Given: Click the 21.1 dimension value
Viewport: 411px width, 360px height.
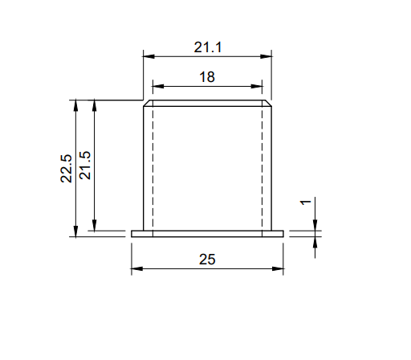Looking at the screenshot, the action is click(x=208, y=47).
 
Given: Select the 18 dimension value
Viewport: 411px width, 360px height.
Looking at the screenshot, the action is click(x=207, y=77).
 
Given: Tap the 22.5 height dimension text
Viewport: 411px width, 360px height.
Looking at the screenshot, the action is click(x=66, y=169).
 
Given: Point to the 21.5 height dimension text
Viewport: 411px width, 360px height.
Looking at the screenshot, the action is click(x=85, y=166).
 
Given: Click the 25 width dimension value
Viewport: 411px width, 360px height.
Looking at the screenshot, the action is click(x=207, y=260).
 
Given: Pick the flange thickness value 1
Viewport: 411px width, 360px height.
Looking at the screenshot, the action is click(x=306, y=202).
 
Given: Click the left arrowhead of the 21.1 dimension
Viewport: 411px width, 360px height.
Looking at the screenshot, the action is click(x=149, y=56).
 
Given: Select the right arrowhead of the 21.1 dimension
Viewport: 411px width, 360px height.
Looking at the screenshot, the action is click(x=266, y=56).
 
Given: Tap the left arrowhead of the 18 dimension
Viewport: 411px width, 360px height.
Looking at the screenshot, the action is click(x=158, y=86).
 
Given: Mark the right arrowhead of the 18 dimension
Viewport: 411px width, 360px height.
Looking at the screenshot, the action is click(x=257, y=86).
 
